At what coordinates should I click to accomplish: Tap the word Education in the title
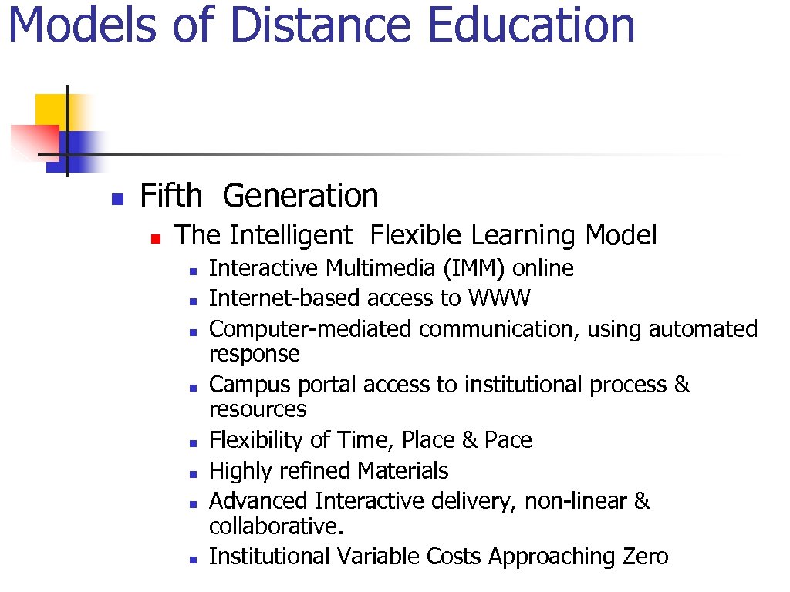pos(531,25)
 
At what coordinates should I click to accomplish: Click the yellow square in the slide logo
pos(49,109)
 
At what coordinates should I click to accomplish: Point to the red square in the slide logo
pos(33,142)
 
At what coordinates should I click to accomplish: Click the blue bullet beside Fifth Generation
pos(116,199)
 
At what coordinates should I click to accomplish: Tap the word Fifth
pos(170,196)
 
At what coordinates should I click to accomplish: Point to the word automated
pos(703,329)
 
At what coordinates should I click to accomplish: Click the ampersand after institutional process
pos(682,385)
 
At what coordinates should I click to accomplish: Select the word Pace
pos(508,440)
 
